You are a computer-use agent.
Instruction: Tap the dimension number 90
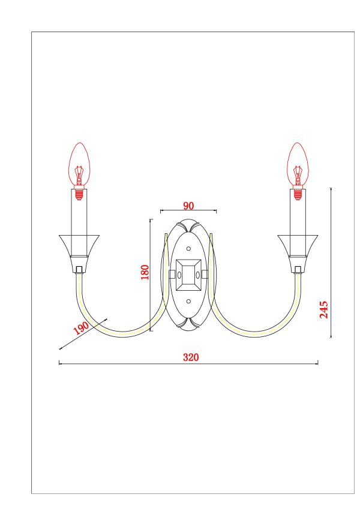point(188,206)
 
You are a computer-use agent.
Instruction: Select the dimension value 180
point(145,273)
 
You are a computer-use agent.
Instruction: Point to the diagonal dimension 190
point(81,329)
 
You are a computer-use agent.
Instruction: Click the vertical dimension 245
point(324,309)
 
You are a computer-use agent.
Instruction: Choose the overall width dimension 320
point(190,357)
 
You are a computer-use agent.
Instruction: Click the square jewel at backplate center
point(188,275)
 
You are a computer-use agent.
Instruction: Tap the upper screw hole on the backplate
point(188,248)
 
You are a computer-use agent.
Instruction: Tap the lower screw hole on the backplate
point(188,301)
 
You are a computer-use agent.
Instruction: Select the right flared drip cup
point(298,246)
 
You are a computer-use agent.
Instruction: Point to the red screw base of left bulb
point(79,193)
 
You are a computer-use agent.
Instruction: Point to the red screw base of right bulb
point(298,193)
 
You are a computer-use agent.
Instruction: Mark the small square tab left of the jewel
point(172,275)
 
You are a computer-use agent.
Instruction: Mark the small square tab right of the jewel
point(205,275)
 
